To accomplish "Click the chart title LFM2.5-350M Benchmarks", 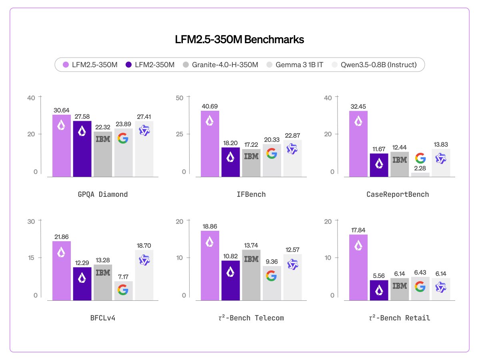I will [x=239, y=40].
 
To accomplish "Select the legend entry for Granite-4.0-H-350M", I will [x=220, y=64].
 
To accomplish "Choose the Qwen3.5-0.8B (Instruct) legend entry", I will [x=374, y=64].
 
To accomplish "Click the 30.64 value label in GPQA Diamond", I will [x=61, y=110].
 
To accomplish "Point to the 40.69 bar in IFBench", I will [x=210, y=144].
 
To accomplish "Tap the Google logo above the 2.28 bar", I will [x=420, y=158].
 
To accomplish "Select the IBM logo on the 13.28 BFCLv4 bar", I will [x=103, y=273].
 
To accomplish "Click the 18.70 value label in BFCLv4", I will [x=144, y=245].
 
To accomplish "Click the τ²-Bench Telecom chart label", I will [x=251, y=318].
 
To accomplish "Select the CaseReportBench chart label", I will [x=398, y=194].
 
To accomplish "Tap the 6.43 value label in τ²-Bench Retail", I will [x=420, y=272].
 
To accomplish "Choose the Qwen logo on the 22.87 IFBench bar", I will [x=292, y=149].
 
